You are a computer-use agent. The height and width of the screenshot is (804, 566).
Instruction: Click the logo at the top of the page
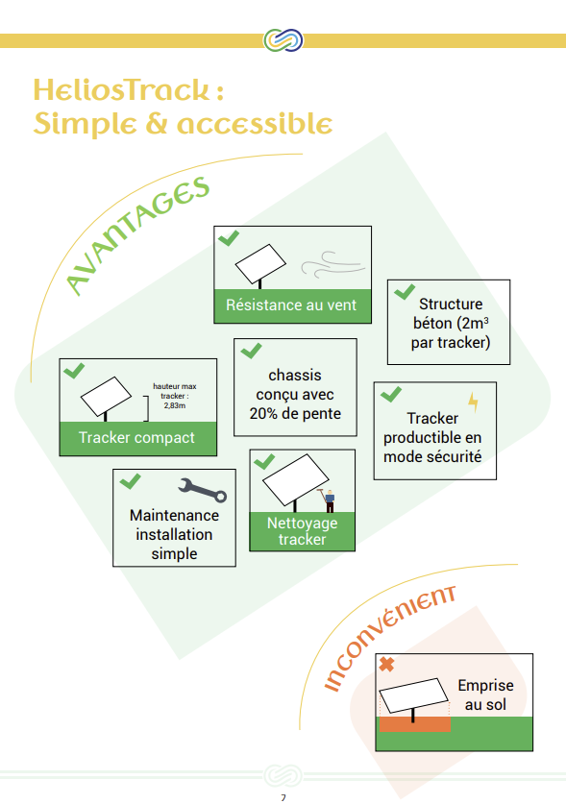[x=283, y=40]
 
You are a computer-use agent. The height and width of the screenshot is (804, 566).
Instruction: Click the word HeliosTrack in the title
[x=122, y=89]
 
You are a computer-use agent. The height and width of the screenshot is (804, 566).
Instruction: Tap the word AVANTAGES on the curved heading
[x=137, y=235]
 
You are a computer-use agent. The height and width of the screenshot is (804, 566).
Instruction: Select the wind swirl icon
[x=333, y=264]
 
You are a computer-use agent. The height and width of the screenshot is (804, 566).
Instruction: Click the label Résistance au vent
[x=291, y=305]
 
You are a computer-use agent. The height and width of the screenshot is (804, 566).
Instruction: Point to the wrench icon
[x=202, y=490]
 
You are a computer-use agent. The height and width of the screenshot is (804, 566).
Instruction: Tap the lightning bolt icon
[x=473, y=402]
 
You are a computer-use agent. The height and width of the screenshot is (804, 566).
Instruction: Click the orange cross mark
[x=387, y=665]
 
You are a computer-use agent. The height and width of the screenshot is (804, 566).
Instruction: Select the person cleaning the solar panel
[x=329, y=499]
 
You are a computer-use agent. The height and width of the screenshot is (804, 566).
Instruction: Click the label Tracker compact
[x=136, y=437]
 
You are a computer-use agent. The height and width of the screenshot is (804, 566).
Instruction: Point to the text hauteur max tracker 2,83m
[x=175, y=396]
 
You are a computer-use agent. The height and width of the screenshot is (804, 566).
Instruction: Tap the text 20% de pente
[x=295, y=413]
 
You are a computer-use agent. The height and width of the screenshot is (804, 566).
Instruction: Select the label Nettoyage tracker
[x=303, y=531]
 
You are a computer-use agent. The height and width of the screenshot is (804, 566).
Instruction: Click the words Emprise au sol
[x=485, y=694]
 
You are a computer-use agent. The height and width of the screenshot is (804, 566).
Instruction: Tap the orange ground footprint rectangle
[x=414, y=724]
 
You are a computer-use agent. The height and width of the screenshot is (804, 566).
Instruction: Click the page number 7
[x=283, y=797]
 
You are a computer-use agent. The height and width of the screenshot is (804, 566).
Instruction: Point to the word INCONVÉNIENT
[x=389, y=638]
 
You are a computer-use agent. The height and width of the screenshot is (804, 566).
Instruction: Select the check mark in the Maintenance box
[x=131, y=481]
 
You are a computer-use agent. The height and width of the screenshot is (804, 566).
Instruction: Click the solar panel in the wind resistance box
[x=260, y=263]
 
